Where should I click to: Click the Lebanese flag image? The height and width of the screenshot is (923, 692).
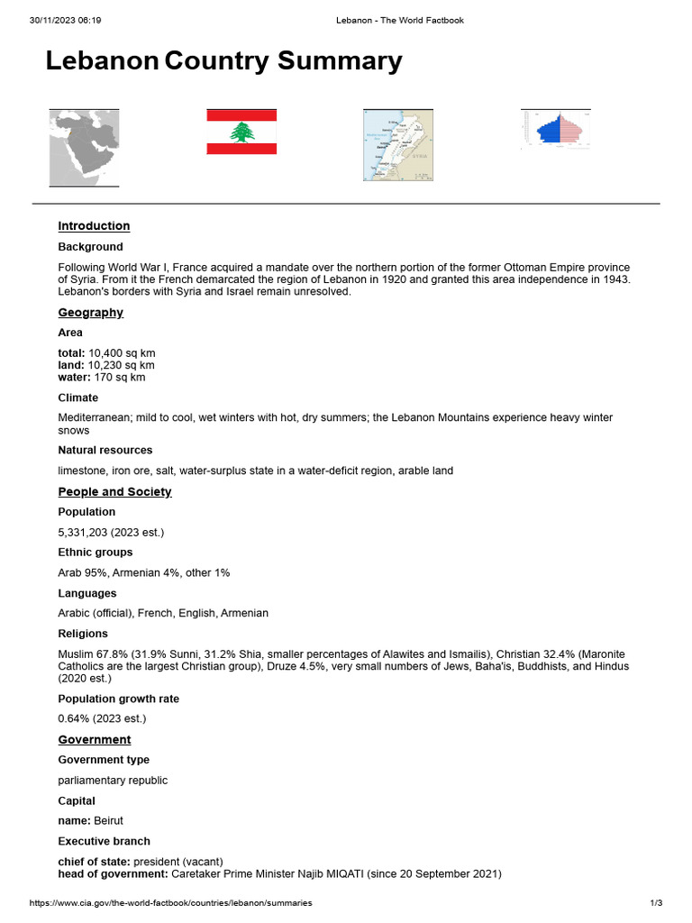click(241, 132)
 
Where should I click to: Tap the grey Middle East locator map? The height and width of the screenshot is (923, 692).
click(84, 148)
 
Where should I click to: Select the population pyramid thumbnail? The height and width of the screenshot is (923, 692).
click(556, 130)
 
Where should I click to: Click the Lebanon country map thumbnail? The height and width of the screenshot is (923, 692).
click(397, 148)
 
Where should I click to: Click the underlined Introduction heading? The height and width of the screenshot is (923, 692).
click(94, 226)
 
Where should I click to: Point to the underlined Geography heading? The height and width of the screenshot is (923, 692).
click(90, 313)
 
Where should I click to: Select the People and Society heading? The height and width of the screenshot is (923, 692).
click(114, 492)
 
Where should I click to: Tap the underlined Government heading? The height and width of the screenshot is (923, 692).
click(95, 740)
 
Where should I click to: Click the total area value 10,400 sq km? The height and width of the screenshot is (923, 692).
click(122, 352)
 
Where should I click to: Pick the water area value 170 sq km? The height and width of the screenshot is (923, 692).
click(118, 377)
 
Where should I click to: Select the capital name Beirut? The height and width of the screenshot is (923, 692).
click(108, 821)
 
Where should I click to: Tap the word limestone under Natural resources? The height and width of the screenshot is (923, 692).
click(82, 471)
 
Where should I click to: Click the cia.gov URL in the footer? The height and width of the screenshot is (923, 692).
click(170, 903)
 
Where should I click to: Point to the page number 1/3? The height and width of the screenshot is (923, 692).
click(655, 903)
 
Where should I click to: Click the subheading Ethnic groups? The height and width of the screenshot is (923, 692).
click(95, 553)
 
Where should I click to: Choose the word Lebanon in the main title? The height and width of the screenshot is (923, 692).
click(102, 61)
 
